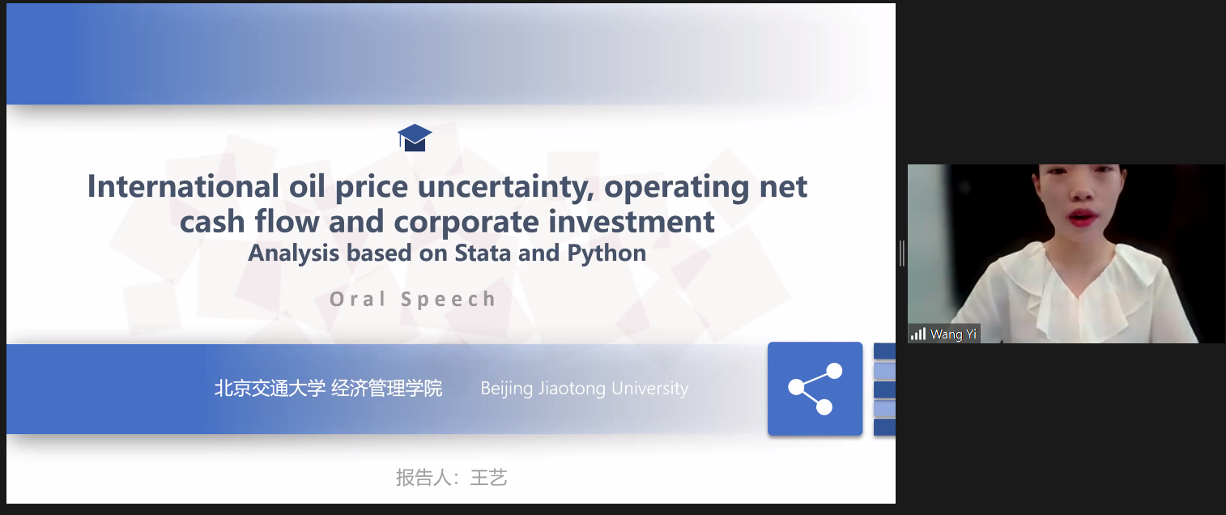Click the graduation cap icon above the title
[x=415, y=138]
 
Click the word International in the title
[x=183, y=186]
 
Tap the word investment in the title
[x=632, y=222]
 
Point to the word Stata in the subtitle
[x=483, y=253]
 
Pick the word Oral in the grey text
[x=358, y=299]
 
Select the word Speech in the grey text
[x=449, y=300]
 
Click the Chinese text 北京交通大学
[x=270, y=388]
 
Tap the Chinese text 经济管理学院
[x=386, y=388]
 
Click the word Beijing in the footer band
[x=507, y=389]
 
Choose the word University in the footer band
[x=650, y=389]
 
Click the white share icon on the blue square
[x=815, y=389]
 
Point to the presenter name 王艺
[x=489, y=478]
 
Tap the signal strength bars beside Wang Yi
[x=917, y=334]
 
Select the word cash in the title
[x=212, y=222]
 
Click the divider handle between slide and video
[x=901, y=253]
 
